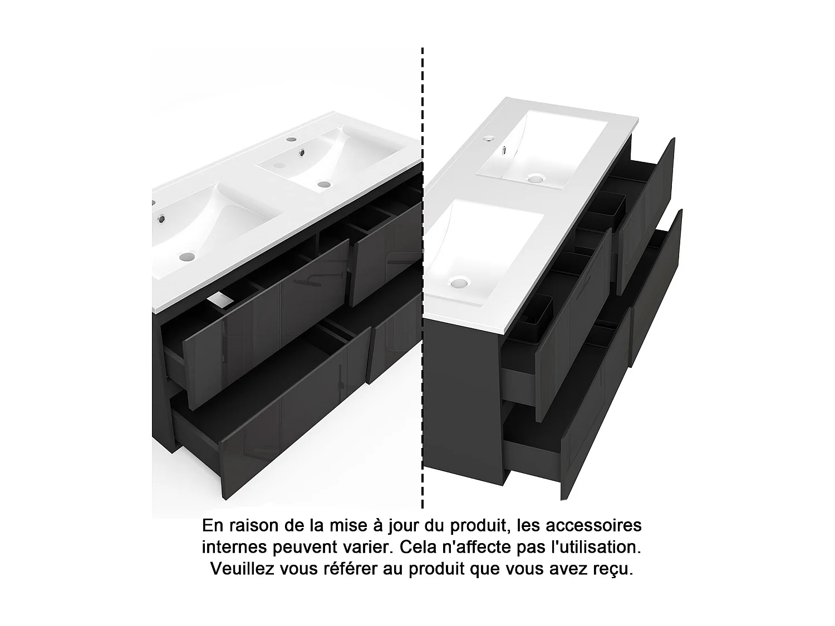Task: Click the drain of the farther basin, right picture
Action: click(535, 179)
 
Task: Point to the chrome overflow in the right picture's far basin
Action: click(504, 149)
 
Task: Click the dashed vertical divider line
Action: click(423, 278)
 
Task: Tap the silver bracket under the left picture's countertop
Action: click(221, 300)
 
